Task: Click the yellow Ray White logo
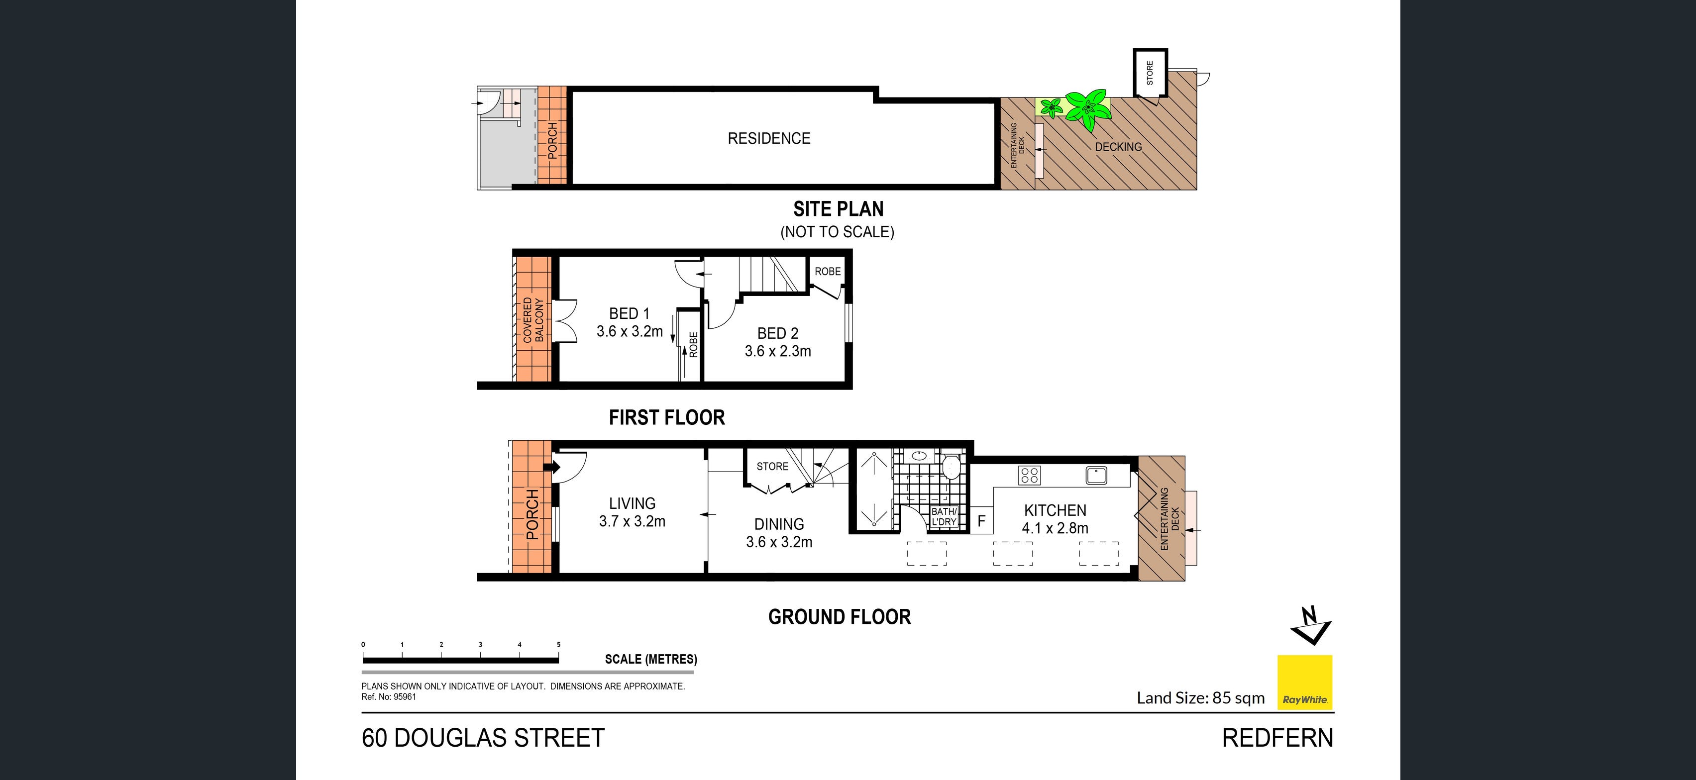1304,682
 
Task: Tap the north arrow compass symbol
1310,625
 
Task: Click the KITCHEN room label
1055,510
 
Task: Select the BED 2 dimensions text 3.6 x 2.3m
777,352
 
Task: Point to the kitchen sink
1096,475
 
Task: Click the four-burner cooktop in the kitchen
1029,475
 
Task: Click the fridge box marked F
981,521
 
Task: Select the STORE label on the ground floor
772,467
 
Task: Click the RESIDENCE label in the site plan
769,138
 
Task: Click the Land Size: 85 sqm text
1200,698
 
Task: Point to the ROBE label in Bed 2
828,271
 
